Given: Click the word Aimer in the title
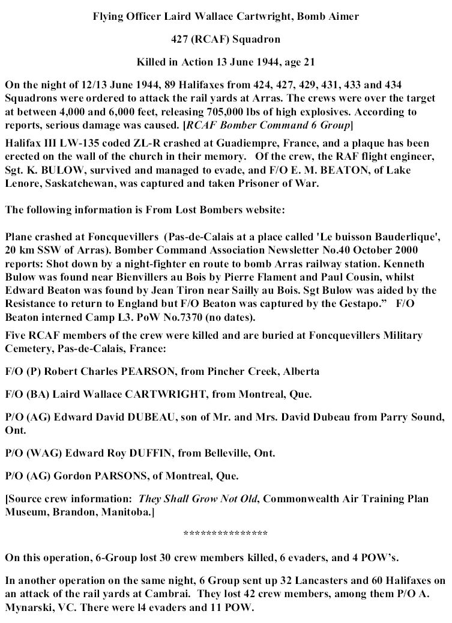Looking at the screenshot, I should (x=343, y=17).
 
